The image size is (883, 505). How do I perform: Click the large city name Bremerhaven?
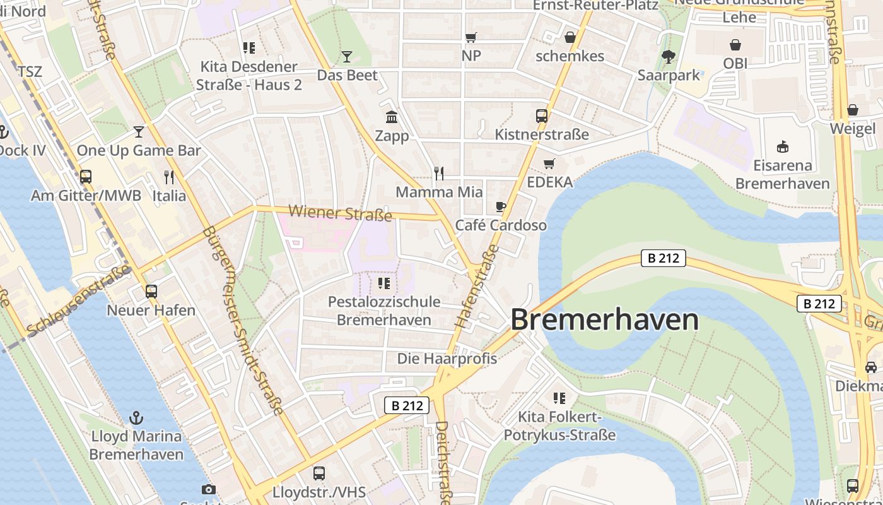pos(604,319)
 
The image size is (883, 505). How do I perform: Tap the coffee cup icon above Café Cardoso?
pos(501,206)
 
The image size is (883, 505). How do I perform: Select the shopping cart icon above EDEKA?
pos(549,163)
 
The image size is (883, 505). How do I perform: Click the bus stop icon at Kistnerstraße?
pos(541,116)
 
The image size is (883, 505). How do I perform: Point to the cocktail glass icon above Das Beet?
pos(346,57)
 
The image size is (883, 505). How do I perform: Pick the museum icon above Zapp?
pos(392,117)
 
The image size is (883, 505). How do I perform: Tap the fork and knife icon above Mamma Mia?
pos(439,173)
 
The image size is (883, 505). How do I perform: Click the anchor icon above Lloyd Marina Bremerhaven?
pos(136,417)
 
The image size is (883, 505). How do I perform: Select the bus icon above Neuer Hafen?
pos(151,292)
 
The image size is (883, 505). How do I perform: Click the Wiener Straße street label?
pos(340,213)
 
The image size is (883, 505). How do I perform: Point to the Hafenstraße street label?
pos(476,285)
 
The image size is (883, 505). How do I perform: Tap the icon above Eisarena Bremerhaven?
pos(782,147)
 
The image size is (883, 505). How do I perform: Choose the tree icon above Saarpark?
pos(669,57)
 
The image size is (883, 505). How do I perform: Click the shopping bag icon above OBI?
pos(735,45)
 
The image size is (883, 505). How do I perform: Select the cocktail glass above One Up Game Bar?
pos(139,131)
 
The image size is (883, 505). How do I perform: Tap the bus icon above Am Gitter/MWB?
pos(86,177)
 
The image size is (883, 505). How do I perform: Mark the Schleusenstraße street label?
pos(79,300)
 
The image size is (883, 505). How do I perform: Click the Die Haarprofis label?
pos(447,359)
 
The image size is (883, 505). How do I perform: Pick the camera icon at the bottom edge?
pos(208,490)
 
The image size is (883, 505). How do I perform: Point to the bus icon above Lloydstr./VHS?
pos(319,473)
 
